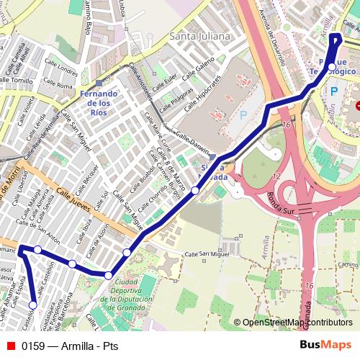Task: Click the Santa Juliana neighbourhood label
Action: (199, 35)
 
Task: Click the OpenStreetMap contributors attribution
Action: (297, 323)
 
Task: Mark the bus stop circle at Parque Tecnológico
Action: (331, 67)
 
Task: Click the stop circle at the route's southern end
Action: (33, 305)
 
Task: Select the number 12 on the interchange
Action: (276, 176)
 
